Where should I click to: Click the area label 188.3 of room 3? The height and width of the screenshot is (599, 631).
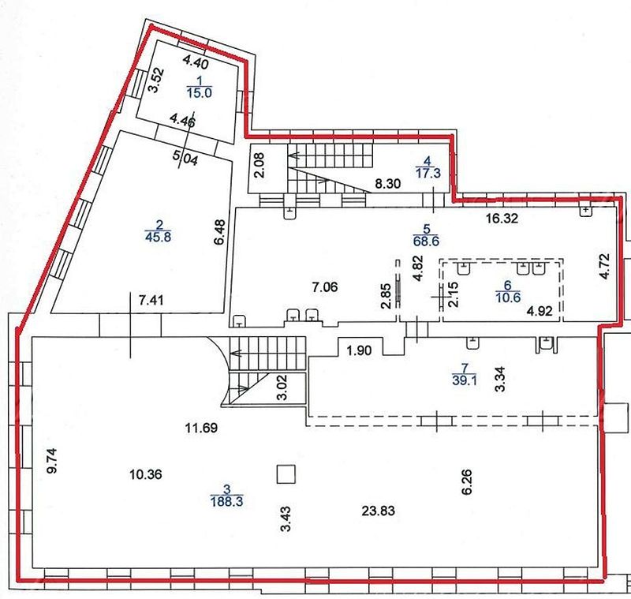pos(226,502)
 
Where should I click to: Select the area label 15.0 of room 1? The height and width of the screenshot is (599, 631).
pos(200,93)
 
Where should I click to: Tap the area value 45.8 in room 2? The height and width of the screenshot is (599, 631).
pos(159,237)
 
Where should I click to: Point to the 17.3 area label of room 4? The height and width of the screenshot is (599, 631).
pos(428,174)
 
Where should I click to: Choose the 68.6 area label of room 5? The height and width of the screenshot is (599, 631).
pos(426,241)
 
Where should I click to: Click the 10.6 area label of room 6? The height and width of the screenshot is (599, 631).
pos(508,298)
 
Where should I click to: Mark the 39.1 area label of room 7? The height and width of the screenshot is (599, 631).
pos(465,380)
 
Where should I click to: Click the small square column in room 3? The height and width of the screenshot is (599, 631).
pos(286,474)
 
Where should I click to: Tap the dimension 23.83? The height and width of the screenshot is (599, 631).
pos(379,511)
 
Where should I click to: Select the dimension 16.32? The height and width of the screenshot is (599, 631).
pos(502,219)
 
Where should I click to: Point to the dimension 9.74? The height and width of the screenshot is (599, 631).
pos(52,461)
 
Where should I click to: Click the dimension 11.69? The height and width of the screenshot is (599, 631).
pos(201,428)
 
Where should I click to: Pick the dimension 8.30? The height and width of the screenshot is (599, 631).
pos(388,184)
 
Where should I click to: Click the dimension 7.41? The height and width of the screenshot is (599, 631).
pos(151,301)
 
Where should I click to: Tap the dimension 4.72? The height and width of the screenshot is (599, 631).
pos(604,266)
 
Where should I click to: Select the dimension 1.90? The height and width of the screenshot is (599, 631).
pos(359,350)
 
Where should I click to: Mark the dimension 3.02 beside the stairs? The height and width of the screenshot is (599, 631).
pos(282,387)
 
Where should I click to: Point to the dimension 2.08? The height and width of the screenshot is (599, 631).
pos(259,165)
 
